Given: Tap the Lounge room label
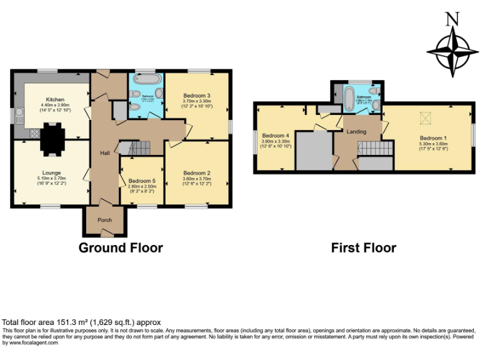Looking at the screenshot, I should point(52,172).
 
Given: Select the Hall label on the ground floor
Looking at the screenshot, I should point(106,152).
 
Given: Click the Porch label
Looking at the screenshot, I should point(104,220).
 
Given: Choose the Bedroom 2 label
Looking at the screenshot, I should point(196,173).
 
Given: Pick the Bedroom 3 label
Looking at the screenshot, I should point(197,96).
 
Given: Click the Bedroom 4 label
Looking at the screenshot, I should point(276,136).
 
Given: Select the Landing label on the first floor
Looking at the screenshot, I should point(356,131).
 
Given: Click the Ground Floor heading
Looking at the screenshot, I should point(121,247).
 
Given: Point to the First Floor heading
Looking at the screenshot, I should point(363,247).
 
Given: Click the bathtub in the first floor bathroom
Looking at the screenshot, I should point(347,96).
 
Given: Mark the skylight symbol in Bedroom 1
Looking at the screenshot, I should point(426,117).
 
